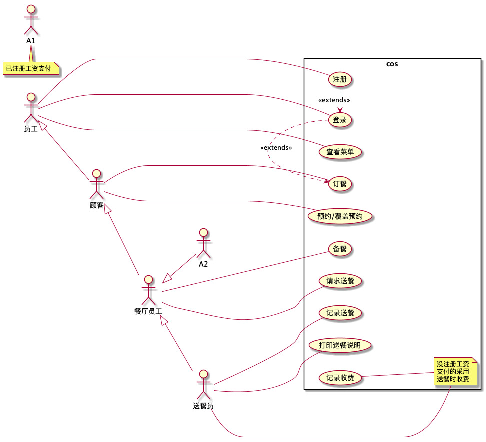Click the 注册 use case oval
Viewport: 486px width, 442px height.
click(340, 79)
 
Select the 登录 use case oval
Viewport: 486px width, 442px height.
click(340, 120)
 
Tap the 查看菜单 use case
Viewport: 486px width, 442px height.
click(340, 152)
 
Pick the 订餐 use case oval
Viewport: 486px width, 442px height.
click(339, 184)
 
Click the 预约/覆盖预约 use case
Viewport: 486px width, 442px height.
click(340, 216)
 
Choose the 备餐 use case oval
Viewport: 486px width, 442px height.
click(340, 248)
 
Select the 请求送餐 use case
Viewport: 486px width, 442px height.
click(340, 281)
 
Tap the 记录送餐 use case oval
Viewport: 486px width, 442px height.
click(340, 313)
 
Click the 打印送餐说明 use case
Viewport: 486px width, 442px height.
click(340, 345)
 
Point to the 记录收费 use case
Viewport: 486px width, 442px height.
click(340, 378)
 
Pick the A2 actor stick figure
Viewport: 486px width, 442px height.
click(203, 243)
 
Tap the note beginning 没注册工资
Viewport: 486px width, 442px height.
click(453, 371)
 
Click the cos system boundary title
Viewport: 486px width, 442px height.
click(392, 64)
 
